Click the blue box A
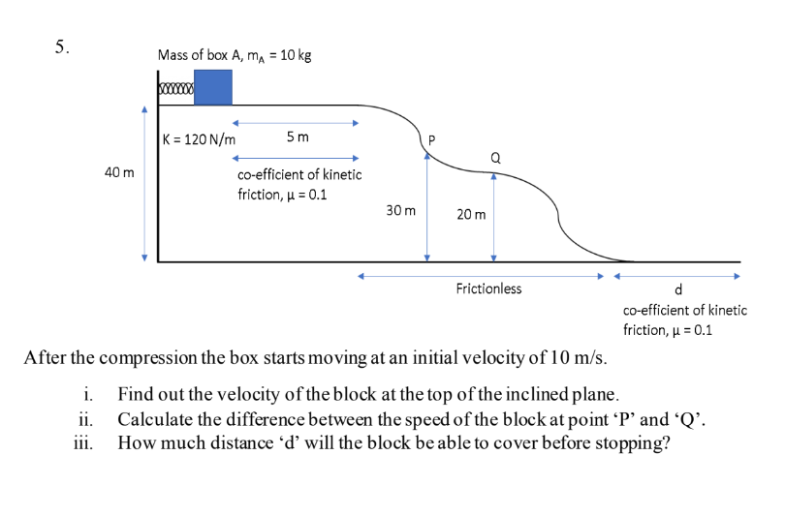[x=213, y=86]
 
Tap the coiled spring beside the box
[x=177, y=90]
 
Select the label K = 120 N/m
[x=200, y=138]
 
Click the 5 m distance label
[x=298, y=137]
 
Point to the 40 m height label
[x=119, y=172]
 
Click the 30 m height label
[x=400, y=209]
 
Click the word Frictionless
[x=488, y=288]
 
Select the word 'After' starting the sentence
[x=45, y=357]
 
